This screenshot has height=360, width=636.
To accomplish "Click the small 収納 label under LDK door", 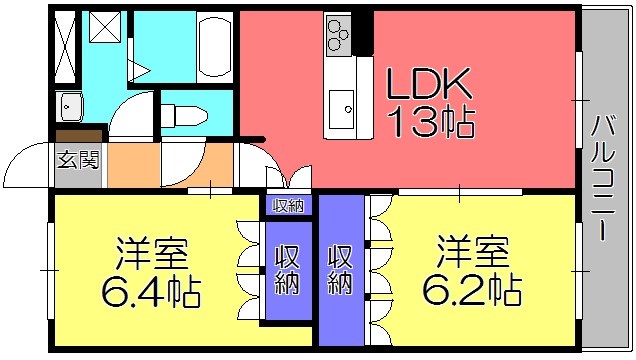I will pyautogui.click(x=290, y=206).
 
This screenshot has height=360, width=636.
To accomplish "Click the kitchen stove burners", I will pyautogui.click(x=337, y=34).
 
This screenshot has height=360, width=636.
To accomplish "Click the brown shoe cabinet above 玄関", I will pyautogui.click(x=79, y=135).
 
